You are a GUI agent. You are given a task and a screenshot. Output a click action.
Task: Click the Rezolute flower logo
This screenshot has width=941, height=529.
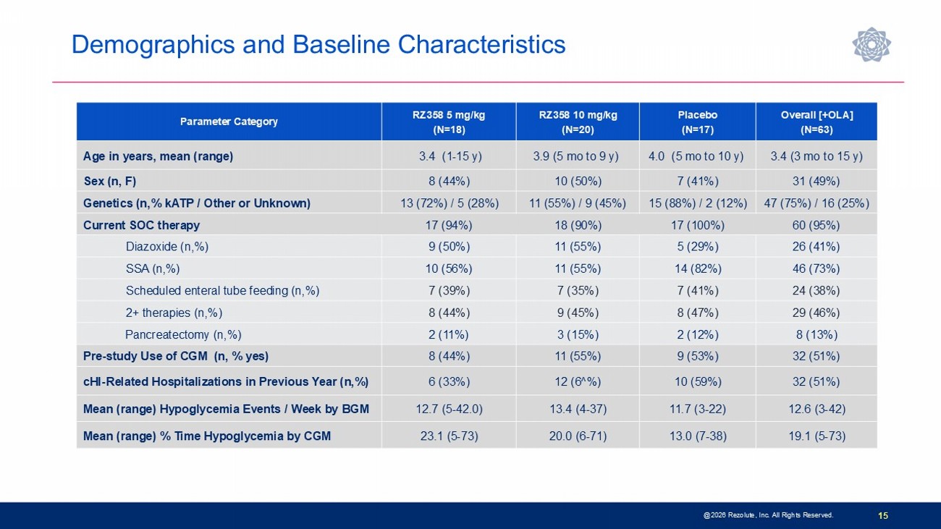[872, 44]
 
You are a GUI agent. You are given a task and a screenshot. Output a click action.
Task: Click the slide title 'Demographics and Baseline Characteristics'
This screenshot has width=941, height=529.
[318, 44]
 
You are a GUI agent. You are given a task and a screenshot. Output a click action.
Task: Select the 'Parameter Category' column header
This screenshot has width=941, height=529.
[229, 122]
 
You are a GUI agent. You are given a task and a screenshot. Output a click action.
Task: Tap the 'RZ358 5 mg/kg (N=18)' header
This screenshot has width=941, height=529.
[449, 122]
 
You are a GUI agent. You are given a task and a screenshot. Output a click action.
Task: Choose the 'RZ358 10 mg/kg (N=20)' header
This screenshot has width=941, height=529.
[578, 122]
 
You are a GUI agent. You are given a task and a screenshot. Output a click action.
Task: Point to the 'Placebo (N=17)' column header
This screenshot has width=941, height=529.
[697, 122]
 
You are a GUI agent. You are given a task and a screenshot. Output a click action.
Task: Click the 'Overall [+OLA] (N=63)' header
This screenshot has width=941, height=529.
[816, 122]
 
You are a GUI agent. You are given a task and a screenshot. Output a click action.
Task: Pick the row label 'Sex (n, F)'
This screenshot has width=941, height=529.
[109, 181]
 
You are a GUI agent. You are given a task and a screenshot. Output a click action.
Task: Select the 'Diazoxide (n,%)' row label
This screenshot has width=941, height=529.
[167, 247]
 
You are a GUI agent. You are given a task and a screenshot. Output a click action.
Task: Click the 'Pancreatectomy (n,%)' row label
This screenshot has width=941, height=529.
[183, 334]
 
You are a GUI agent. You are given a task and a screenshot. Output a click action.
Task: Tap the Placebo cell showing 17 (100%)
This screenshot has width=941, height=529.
[697, 226]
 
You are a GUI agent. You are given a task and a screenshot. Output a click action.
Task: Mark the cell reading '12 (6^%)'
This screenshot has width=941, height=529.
[578, 381]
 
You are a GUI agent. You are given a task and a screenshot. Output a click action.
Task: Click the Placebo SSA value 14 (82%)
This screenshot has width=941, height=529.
[697, 268]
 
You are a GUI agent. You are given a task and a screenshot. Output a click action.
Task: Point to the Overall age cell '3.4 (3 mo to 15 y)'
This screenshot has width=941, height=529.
[816, 156]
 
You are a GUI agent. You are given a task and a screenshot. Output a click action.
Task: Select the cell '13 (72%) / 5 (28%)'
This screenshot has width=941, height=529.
[449, 203]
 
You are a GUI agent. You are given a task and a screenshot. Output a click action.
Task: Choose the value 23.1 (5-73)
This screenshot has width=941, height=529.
[449, 436]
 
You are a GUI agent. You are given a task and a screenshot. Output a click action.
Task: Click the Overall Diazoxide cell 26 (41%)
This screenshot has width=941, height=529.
[816, 247]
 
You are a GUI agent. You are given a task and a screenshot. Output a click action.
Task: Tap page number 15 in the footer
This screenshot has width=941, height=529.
[883, 515]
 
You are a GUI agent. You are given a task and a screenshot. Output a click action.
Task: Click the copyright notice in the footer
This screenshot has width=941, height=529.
[768, 515]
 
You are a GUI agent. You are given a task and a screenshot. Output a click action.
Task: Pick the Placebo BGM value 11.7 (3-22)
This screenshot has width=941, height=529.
[697, 409]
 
